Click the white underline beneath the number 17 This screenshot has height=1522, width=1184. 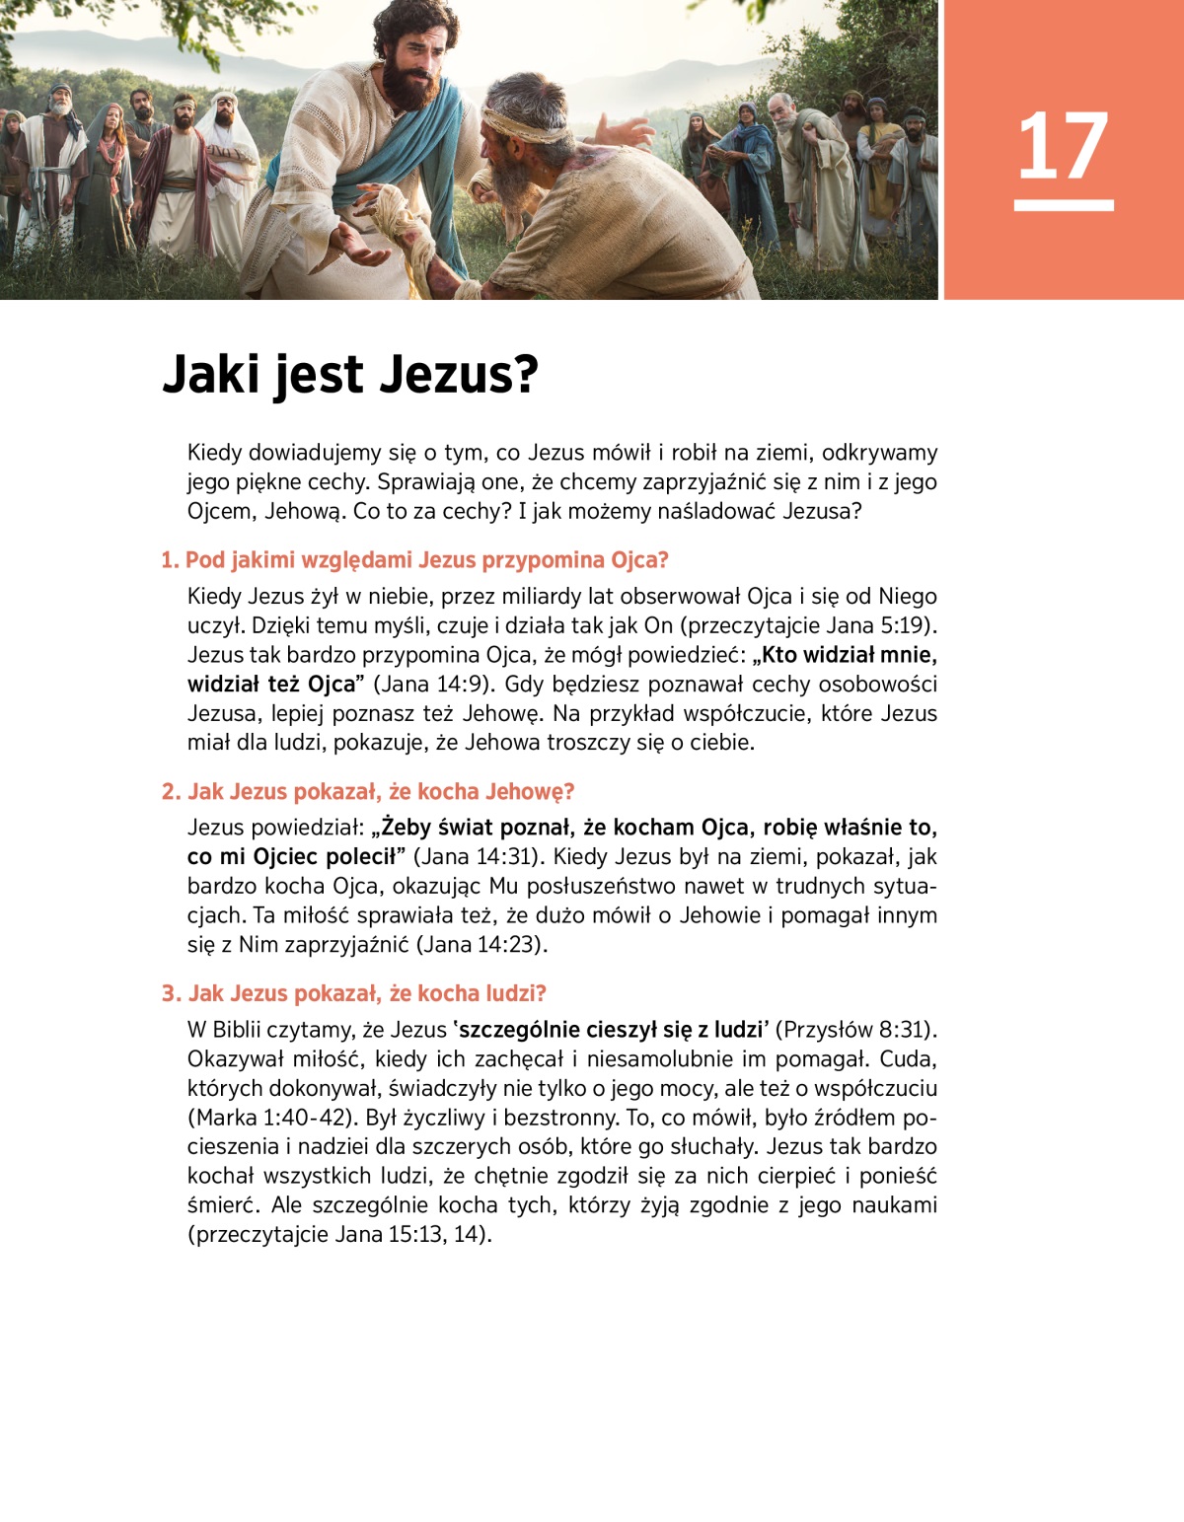pyautogui.click(x=1064, y=205)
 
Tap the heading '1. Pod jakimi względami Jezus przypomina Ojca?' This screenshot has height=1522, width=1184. pyautogui.click(x=414, y=560)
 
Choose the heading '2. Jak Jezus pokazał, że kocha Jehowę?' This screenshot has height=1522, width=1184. pyautogui.click(x=367, y=792)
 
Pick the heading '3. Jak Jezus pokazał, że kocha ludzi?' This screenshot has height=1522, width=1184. pyautogui.click(x=353, y=993)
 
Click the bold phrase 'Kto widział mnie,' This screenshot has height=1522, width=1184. pyautogui.click(x=850, y=655)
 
